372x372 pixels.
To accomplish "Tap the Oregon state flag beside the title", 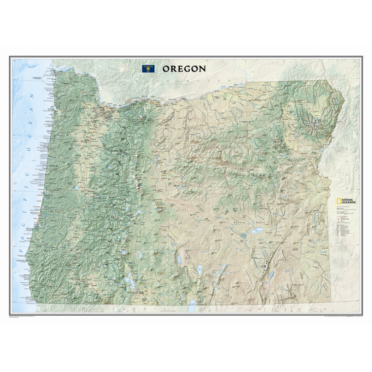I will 147,68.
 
